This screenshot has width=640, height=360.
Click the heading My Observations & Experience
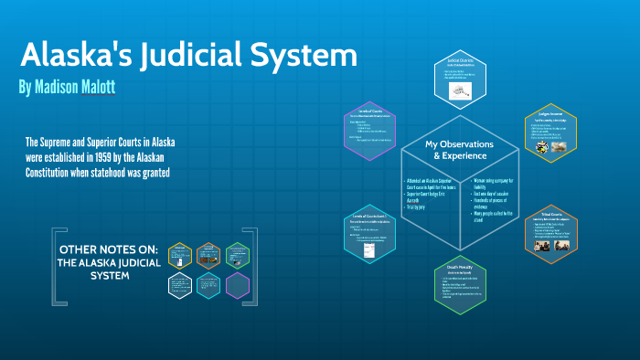460,150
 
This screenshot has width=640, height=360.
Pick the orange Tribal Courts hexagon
550,232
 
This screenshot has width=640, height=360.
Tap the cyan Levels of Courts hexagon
368,235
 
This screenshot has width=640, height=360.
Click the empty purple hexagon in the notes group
238,285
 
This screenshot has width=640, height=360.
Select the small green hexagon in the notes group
238,254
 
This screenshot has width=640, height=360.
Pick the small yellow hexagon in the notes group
181,253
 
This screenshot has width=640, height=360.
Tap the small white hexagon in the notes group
181,285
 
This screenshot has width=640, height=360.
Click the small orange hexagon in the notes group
209,254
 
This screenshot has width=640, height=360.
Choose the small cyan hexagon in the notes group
209,285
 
